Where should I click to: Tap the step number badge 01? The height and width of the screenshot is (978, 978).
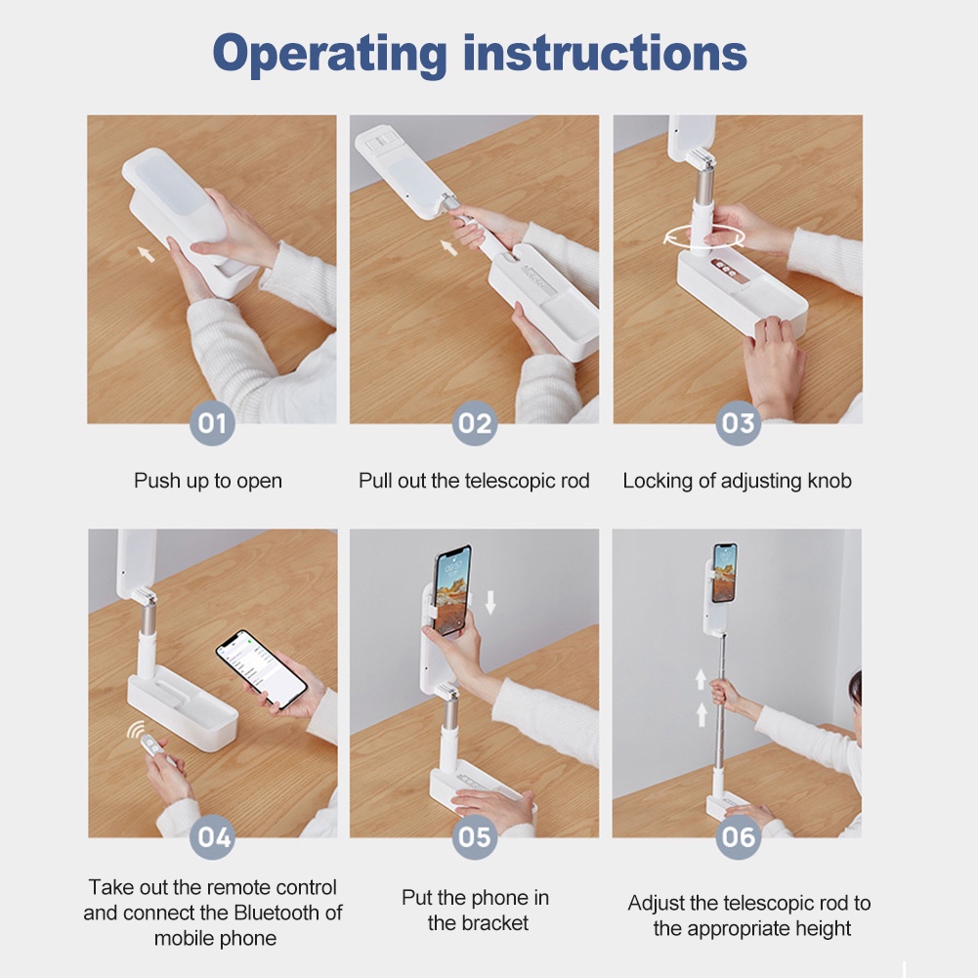click(x=212, y=423)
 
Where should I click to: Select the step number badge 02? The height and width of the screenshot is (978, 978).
click(x=475, y=423)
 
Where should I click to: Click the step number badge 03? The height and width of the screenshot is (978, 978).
click(x=738, y=423)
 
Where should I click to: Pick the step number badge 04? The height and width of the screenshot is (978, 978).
click(x=213, y=836)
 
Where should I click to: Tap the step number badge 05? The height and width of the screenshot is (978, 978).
click(x=475, y=836)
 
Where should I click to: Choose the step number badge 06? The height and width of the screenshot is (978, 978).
click(x=738, y=836)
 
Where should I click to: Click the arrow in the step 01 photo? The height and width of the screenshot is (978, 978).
click(x=146, y=253)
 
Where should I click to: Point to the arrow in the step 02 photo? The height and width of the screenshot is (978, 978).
click(x=448, y=247)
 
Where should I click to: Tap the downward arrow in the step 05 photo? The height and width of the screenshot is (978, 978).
click(x=490, y=603)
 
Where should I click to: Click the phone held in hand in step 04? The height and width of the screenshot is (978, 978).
click(x=261, y=668)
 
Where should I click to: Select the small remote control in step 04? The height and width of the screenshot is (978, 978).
click(x=152, y=745)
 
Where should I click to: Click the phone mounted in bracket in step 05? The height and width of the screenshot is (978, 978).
click(x=452, y=590)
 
